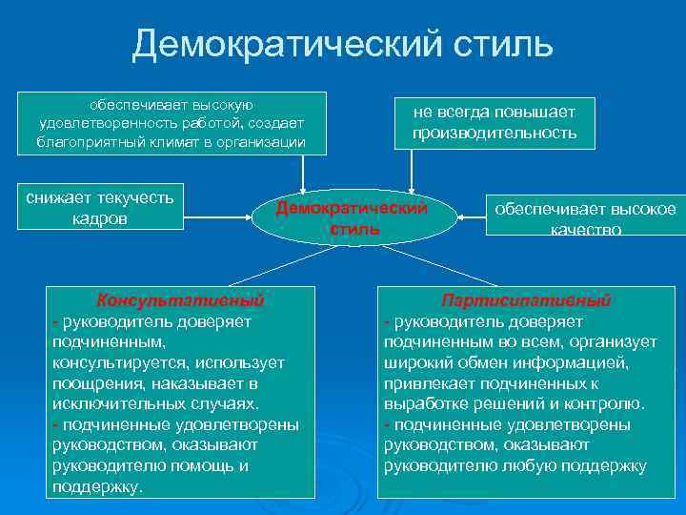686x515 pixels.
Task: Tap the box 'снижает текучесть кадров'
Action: click(100, 208)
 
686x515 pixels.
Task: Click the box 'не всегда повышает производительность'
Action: click(494, 122)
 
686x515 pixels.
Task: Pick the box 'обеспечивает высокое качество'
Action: click(585, 218)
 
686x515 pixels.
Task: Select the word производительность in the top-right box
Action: click(494, 133)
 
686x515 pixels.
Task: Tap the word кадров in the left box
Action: click(100, 219)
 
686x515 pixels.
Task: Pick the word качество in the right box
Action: click(585, 230)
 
